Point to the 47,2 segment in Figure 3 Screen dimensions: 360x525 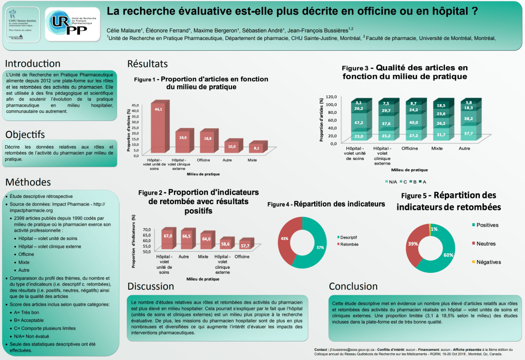pos(359,124)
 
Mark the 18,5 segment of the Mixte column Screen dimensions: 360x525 pos(441,106)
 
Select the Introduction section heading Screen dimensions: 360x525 pos(32,64)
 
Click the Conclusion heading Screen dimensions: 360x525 pos(353,286)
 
